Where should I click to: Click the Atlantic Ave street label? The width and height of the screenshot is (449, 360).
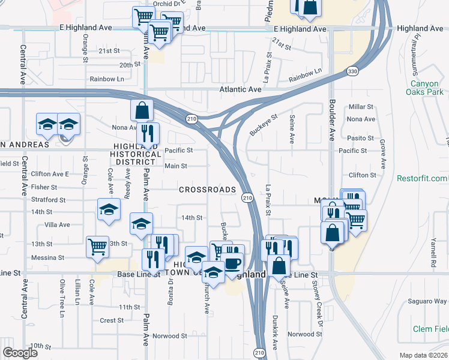tap(239, 89)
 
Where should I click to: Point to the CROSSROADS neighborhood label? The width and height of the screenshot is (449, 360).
tap(207, 190)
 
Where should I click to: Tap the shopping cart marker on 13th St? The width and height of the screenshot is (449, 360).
tap(97, 246)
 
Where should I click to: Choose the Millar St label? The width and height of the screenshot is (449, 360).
tap(361, 106)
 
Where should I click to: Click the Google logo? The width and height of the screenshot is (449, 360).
tap(21, 352)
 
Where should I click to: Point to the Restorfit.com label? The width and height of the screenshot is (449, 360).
tap(422, 178)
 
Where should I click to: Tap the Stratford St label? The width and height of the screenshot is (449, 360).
tap(48, 199)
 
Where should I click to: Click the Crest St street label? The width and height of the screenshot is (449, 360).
tap(112, 320)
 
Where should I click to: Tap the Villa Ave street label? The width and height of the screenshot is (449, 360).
tap(57, 225)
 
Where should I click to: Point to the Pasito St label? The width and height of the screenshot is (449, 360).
tap(361, 138)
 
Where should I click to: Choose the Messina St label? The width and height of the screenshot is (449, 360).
tap(48, 257)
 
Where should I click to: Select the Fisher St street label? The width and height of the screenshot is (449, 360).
tap(44, 187)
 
